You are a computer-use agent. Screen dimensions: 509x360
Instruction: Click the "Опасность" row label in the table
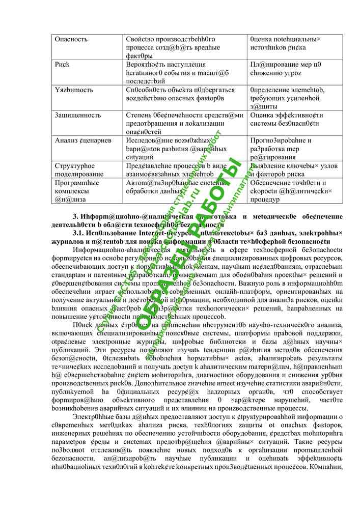71,39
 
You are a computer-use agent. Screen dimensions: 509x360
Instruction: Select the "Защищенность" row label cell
78,115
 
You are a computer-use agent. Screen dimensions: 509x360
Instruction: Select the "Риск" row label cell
62,65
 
